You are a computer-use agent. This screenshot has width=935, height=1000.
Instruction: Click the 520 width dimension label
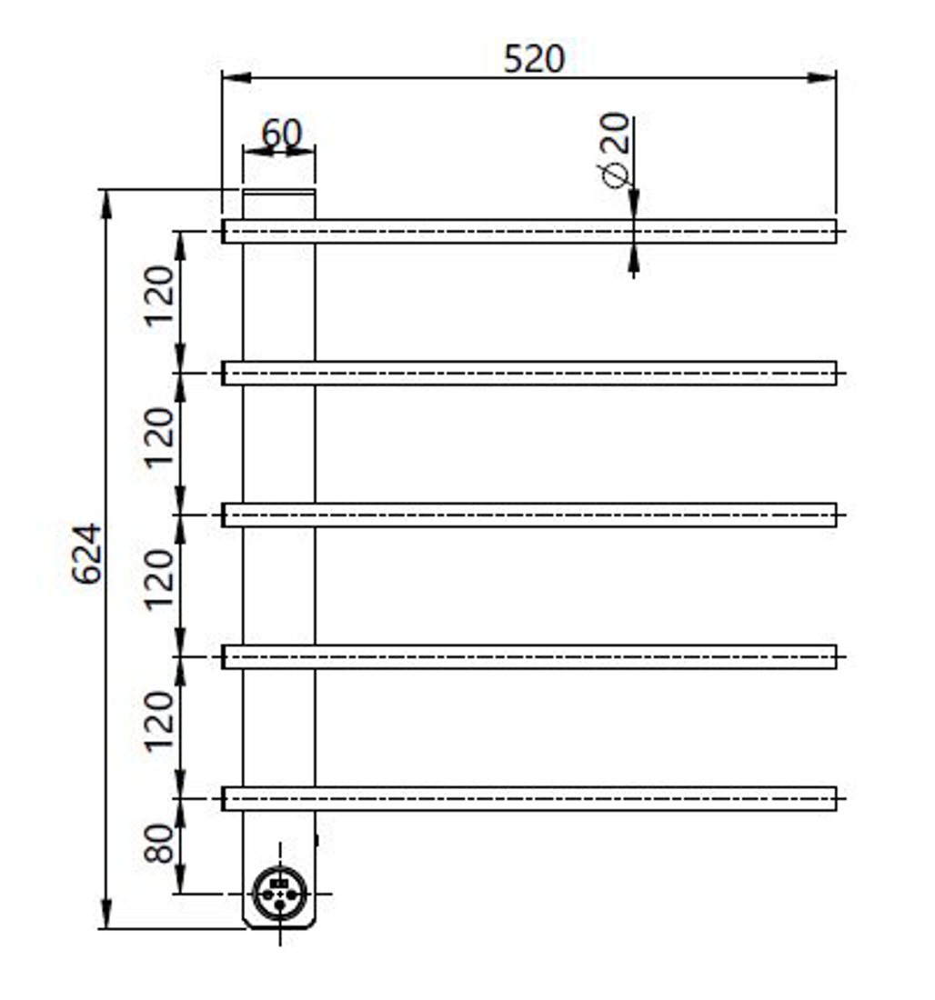click(x=534, y=59)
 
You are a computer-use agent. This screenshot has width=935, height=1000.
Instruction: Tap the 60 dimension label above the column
click(x=281, y=134)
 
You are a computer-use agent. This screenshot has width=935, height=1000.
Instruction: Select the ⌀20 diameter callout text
click(x=615, y=149)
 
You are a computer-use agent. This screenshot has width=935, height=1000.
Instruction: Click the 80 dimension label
click(x=160, y=844)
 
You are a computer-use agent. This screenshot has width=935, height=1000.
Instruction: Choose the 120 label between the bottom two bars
click(x=160, y=722)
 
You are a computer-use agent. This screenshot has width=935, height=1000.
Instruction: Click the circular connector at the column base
click(x=279, y=894)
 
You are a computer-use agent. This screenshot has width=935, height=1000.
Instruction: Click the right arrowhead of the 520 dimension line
click(x=822, y=77)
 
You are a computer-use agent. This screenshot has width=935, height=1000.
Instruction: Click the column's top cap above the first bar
click(x=279, y=204)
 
